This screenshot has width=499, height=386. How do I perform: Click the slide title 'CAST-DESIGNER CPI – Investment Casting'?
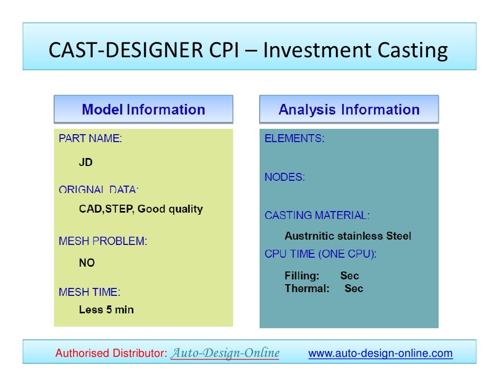[248, 50]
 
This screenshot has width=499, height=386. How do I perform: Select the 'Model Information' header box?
[143, 110]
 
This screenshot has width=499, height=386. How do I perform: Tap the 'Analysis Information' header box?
[349, 110]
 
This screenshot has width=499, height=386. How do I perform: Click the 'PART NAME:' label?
[90, 138]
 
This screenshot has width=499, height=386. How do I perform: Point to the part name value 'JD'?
[85, 162]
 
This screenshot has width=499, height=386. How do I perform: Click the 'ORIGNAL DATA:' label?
[99, 190]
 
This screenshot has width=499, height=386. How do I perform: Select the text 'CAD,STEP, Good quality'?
[140, 209]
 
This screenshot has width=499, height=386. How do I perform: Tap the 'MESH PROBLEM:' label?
[103, 241]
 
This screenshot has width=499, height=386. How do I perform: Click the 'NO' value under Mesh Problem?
[86, 263]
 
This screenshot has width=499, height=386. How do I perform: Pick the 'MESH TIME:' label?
[90, 292]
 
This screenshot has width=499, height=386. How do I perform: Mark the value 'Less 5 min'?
[106, 310]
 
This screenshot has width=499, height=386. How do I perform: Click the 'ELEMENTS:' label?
[295, 138]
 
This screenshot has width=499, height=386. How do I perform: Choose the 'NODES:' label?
[284, 178]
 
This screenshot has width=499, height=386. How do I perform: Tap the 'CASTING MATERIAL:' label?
[317, 215]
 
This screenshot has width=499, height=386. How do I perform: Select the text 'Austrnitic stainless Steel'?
[347, 236]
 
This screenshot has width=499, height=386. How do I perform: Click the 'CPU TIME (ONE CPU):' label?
[320, 254]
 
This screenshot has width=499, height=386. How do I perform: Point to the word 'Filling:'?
[302, 276]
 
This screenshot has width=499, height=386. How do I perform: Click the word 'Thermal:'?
[307, 288]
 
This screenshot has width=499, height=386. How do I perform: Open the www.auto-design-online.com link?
[380, 353]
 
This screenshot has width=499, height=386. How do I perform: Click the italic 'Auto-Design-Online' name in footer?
[225, 353]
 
